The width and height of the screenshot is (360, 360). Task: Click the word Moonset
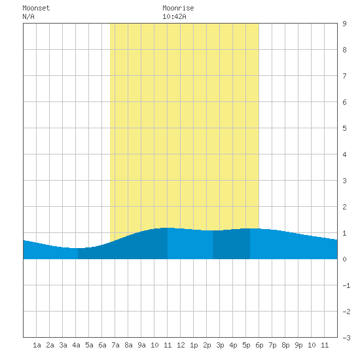pos(36,8)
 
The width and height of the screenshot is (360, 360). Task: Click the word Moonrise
pos(178,8)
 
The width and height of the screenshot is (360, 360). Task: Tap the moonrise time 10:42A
pos(174,16)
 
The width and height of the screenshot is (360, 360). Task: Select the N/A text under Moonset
pos(28,16)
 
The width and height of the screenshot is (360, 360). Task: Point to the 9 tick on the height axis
pos(344,24)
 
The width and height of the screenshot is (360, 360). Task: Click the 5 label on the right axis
pos(344,128)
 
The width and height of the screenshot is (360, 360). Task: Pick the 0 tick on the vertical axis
pos(344,259)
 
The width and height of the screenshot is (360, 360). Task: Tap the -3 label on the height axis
pos(346,338)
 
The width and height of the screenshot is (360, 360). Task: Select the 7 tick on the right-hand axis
pos(344,76)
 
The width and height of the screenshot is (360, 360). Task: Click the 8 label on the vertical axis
pos(344,50)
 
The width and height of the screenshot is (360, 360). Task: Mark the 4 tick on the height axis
pos(344,154)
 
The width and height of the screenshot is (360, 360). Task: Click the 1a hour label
pos(37,345)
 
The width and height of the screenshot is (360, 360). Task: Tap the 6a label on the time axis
pos(102,345)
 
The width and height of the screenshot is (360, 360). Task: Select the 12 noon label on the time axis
pos(181,345)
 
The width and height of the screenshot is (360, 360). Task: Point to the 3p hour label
pos(220,345)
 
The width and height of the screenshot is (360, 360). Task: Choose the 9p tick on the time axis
pos(298,345)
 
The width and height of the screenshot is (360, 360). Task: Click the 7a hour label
pos(115,345)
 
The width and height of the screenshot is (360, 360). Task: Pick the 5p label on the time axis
pos(246,345)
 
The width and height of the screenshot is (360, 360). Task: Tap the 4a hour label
pos(76,345)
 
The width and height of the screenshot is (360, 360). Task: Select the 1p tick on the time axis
pos(194,345)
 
